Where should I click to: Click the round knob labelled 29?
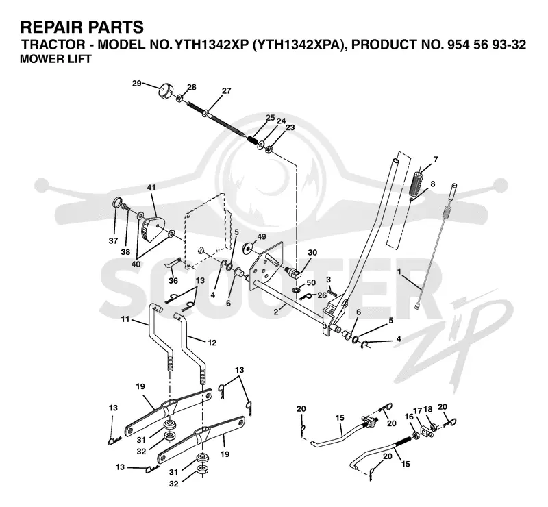166,91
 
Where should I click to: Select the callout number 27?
227,91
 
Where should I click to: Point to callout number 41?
151,188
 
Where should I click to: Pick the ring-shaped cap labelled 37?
118,202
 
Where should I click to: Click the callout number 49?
262,237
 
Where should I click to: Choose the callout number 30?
312,252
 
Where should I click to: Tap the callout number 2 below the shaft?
276,312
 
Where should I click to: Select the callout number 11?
125,319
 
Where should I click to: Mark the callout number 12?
212,343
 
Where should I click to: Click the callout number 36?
173,280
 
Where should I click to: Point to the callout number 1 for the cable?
399,271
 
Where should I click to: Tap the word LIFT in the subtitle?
84,59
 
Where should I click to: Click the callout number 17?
418,410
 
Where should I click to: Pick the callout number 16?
409,417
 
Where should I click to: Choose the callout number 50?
311,282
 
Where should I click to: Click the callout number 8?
433,184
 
